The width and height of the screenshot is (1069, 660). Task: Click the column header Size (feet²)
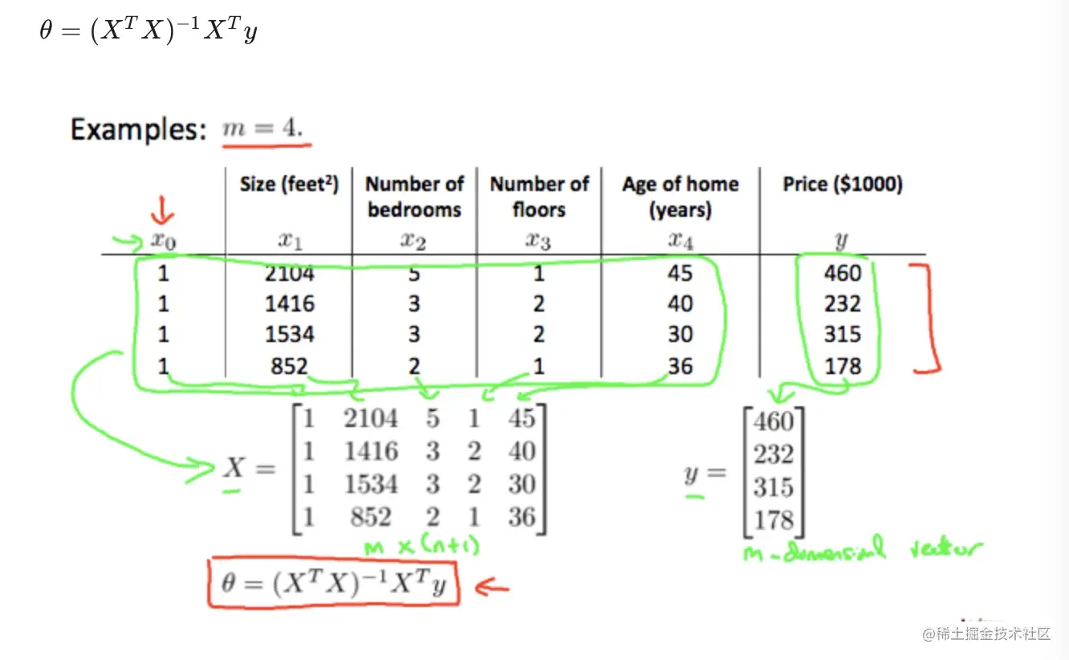[x=289, y=185]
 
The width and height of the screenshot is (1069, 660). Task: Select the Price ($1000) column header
[x=842, y=185]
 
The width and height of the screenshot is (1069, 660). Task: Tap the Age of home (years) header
[x=680, y=197]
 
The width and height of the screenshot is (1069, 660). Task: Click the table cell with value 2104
[x=289, y=274]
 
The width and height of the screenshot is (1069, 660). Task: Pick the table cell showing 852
[x=289, y=366]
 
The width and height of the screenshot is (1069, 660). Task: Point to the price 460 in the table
[x=842, y=274]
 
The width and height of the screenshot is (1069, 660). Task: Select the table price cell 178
[x=842, y=366]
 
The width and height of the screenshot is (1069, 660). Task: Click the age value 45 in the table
[x=680, y=274]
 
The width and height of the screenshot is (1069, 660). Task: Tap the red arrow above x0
[x=163, y=213]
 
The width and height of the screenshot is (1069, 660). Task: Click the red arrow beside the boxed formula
[x=492, y=588]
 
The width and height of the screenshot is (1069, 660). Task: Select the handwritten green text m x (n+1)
[x=421, y=548]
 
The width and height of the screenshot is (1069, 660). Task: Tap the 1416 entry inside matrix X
[x=371, y=451]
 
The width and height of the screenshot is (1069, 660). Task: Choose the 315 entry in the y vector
[x=773, y=487]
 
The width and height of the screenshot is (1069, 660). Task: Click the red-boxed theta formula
[x=332, y=584]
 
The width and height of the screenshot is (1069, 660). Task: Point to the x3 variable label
[x=539, y=240]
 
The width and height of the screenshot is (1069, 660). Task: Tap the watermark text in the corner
[x=986, y=634]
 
